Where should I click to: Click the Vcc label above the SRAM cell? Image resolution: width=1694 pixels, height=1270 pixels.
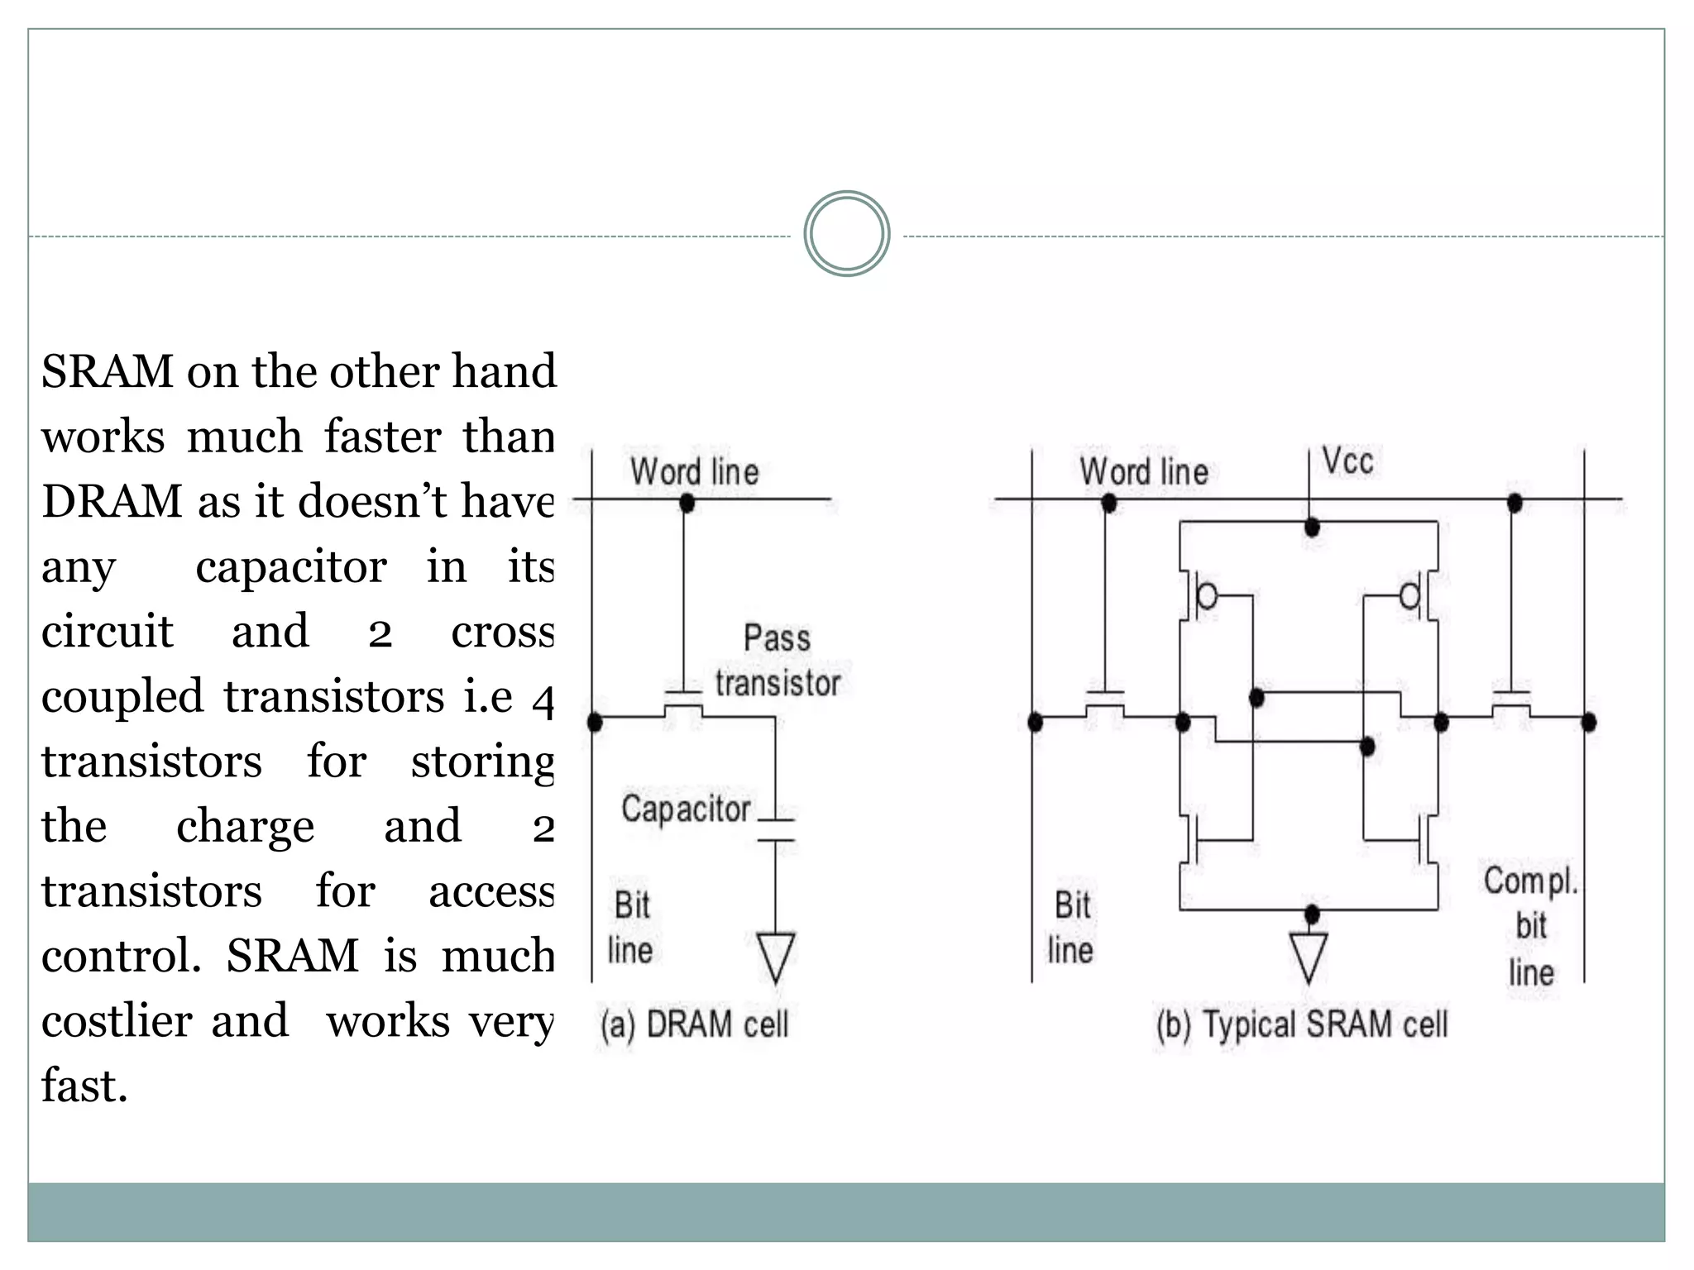1347,461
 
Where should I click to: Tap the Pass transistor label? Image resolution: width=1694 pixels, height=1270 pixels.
778,661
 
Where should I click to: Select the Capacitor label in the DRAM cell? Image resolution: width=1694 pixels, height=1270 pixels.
686,809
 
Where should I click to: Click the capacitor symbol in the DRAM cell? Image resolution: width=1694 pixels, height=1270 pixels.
775,830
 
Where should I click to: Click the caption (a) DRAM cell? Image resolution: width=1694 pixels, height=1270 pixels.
694,1024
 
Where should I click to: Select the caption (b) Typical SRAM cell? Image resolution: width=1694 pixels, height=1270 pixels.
1302,1024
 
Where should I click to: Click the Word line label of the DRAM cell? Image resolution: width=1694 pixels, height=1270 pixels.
694,472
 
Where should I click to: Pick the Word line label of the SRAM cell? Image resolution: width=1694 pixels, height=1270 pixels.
1143,472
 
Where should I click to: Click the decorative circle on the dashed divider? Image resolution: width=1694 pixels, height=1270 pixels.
846,234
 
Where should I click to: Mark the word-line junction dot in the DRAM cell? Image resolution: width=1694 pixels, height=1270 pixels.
687,502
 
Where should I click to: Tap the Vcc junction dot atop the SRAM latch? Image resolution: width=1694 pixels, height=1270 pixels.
1312,527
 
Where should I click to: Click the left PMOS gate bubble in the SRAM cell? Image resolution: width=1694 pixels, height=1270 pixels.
1208,595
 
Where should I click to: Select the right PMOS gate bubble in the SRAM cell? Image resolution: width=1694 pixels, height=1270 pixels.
1409,595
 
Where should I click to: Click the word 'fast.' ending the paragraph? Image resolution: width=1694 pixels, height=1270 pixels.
85,1086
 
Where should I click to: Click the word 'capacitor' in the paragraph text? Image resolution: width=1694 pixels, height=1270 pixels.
291,567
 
